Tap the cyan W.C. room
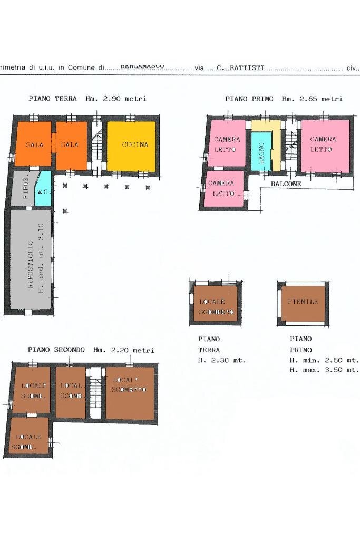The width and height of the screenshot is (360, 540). pyautogui.click(x=44, y=190)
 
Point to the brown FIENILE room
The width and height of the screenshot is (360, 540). pyautogui.click(x=303, y=303)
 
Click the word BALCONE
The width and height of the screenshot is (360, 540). pyautogui.click(x=286, y=184)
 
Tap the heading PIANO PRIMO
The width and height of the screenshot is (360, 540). pyautogui.click(x=250, y=99)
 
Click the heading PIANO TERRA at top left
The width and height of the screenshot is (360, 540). pyautogui.click(x=53, y=99)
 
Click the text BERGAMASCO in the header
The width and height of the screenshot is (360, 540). pyautogui.click(x=142, y=67)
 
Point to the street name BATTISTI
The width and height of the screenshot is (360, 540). pyautogui.click(x=247, y=69)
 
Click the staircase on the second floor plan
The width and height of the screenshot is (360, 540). pyautogui.click(x=95, y=393)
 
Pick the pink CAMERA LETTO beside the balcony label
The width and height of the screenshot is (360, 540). pyautogui.click(x=223, y=188)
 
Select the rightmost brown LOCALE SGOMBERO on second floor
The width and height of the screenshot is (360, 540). pyautogui.click(x=130, y=393)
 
